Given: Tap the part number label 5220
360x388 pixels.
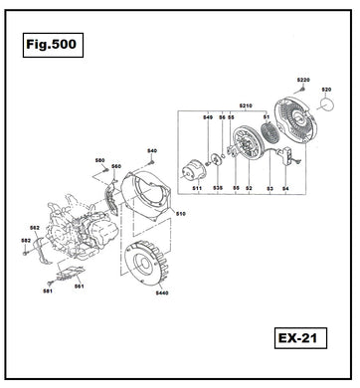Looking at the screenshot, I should pyautogui.click(x=304, y=79).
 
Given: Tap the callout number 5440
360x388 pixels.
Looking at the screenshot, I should pyautogui.click(x=161, y=292).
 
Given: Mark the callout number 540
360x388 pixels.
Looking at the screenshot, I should pyautogui.click(x=152, y=150).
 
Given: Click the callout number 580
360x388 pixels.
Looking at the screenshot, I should pyautogui.click(x=99, y=159).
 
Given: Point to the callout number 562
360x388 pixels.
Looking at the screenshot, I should pyautogui.click(x=34, y=228).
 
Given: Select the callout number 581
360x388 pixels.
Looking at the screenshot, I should pyautogui.click(x=48, y=291).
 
